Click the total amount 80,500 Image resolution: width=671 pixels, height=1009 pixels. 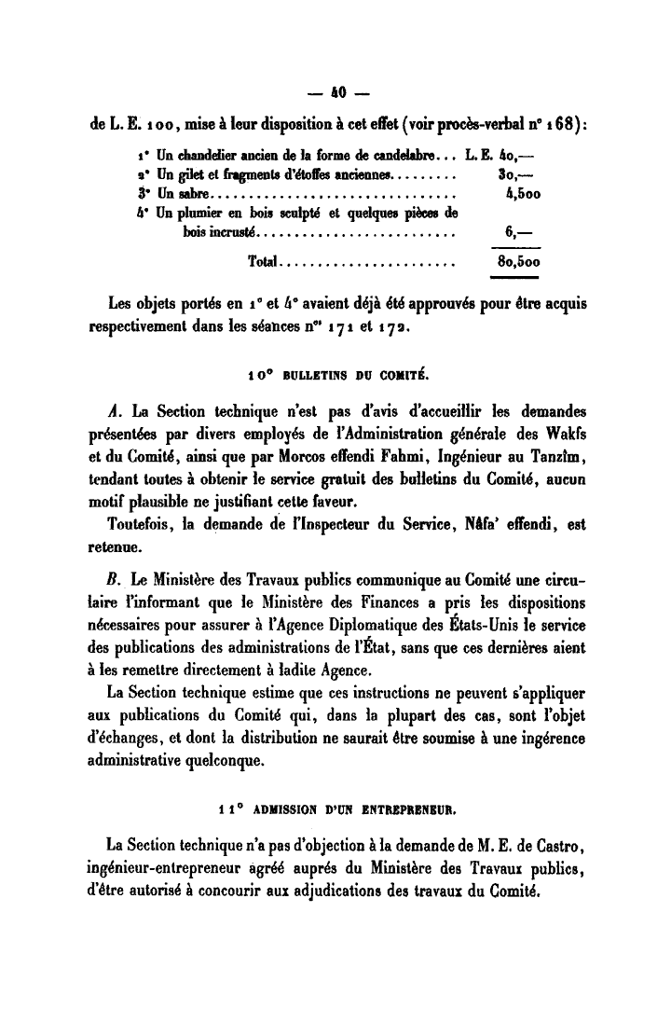click(519, 263)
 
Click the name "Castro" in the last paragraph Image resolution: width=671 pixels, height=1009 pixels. click(558, 845)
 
